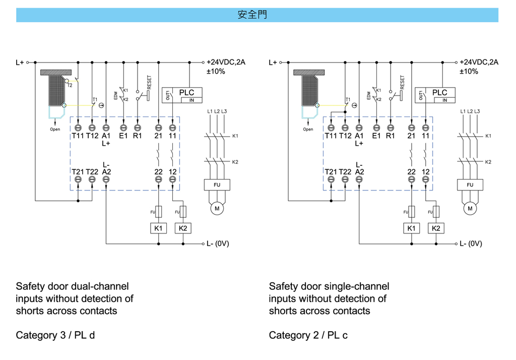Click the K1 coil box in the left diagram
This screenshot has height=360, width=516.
[159, 228]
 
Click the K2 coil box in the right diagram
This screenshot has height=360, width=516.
[436, 228]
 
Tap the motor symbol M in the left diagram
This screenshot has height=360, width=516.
[217, 208]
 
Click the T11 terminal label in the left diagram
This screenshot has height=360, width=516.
[78, 136]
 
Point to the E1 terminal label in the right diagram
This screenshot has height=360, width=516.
[376, 136]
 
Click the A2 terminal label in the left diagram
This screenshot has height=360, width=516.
[106, 172]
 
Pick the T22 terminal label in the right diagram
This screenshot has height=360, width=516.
[345, 172]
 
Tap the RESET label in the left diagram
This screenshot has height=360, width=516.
[149, 82]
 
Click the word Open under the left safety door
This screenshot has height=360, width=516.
[55, 130]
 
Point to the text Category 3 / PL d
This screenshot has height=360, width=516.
[55, 335]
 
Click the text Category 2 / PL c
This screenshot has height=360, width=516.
[308, 335]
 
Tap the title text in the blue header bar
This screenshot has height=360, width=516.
[252, 15]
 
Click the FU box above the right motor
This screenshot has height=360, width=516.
[470, 185]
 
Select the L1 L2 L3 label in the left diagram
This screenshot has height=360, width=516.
[217, 111]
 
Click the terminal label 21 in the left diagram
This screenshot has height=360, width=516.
[158, 136]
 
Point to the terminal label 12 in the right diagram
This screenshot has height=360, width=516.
[426, 172]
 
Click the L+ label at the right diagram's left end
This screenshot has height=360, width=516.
[273, 63]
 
